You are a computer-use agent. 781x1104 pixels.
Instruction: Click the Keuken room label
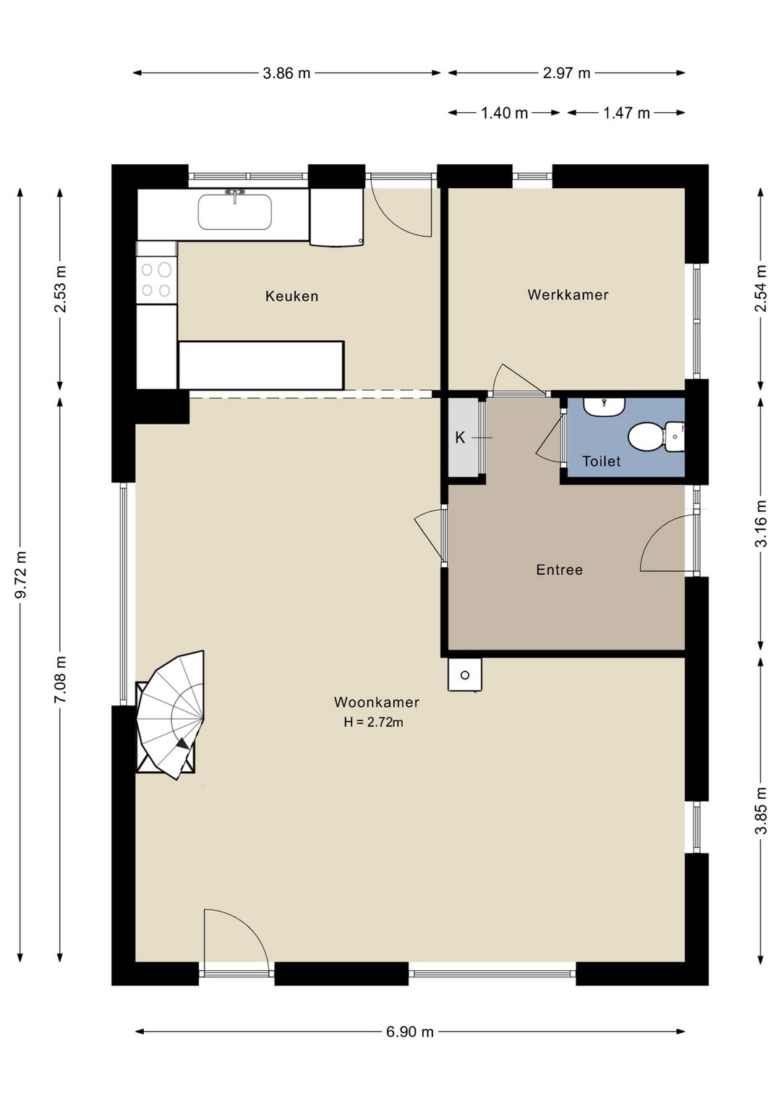291,296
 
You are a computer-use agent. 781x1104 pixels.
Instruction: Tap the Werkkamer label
568,294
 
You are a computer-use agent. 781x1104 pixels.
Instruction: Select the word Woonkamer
377,702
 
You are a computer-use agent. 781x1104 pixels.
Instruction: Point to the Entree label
559,570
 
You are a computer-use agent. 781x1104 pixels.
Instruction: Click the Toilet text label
601,462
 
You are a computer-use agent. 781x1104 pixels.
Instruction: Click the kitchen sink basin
234,212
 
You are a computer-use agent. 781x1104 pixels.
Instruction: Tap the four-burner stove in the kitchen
156,279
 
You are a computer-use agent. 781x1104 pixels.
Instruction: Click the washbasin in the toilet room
604,407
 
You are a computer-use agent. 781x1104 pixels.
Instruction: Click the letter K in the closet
460,437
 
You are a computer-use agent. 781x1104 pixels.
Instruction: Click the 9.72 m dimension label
20,574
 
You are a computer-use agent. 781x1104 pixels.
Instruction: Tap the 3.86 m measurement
287,74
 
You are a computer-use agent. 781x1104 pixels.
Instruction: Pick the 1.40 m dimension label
504,114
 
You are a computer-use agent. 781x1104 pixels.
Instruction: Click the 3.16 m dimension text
761,523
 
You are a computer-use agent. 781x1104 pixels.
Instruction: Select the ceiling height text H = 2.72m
373,723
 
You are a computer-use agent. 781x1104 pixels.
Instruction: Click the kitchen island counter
260,365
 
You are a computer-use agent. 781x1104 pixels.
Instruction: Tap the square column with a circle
464,674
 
